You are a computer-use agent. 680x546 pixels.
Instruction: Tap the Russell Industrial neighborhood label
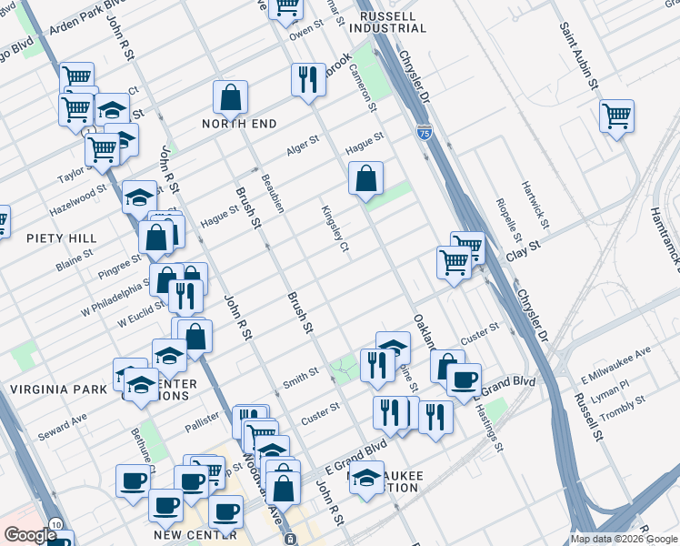[387, 22]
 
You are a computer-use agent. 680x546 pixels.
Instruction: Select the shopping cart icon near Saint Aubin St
[616, 116]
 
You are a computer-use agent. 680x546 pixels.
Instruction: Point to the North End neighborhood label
[239, 124]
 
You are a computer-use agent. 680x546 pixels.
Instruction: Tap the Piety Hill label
[62, 238]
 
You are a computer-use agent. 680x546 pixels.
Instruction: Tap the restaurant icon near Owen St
[308, 79]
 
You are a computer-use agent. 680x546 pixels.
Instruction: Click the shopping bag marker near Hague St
[365, 178]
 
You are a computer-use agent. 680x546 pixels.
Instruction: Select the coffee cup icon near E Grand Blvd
[464, 379]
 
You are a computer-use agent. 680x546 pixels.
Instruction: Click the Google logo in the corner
[30, 535]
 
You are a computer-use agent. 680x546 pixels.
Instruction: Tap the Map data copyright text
[625, 539]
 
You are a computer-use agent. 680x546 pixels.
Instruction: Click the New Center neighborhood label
[195, 535]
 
